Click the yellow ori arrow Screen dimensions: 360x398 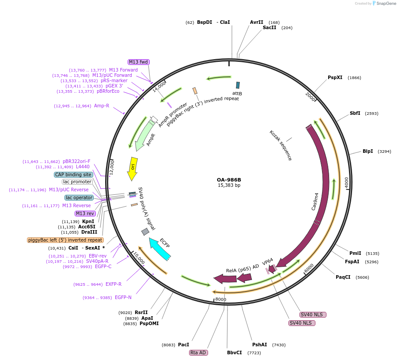132,168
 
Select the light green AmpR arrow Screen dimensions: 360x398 146,135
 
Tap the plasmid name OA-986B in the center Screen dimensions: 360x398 229,180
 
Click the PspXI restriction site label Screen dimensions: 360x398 335,78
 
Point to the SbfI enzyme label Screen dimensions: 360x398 355,113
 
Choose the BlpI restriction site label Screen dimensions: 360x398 368,151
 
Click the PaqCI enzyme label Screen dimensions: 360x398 343,277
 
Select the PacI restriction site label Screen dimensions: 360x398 183,345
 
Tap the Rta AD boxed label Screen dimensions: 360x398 198,352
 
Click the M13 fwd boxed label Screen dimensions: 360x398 138,62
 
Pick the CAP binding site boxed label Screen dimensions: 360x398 73,174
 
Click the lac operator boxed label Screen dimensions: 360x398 79,197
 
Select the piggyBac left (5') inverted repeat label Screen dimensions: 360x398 65,240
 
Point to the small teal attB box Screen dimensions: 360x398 238,85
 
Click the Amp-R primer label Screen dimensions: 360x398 102,106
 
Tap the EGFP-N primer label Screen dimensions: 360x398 123,297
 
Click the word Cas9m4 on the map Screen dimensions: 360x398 315,201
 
